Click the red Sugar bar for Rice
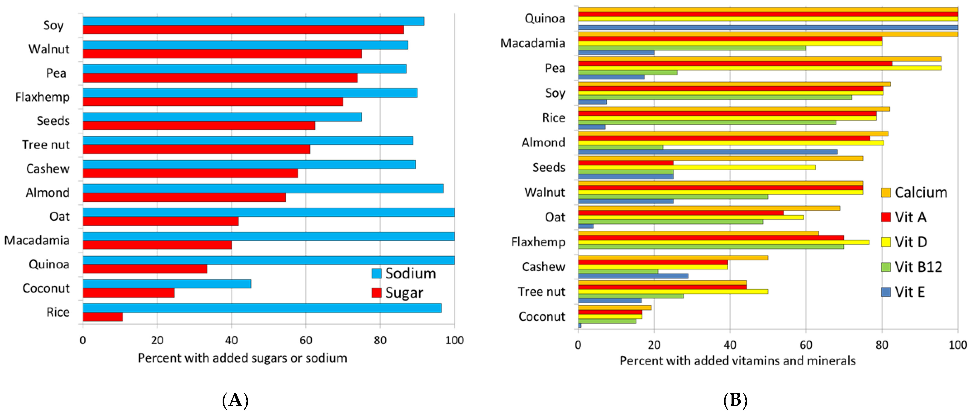point(103,316)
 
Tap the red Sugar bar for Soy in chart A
point(243,30)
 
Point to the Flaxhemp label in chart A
point(42,97)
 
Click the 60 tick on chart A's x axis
point(306,340)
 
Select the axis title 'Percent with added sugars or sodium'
point(242,358)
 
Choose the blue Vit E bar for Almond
point(707,151)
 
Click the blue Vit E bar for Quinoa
point(767,27)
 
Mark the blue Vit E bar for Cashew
point(633,276)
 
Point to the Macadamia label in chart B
point(533,44)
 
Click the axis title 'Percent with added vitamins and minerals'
point(737,361)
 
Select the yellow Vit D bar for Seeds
point(697,167)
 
